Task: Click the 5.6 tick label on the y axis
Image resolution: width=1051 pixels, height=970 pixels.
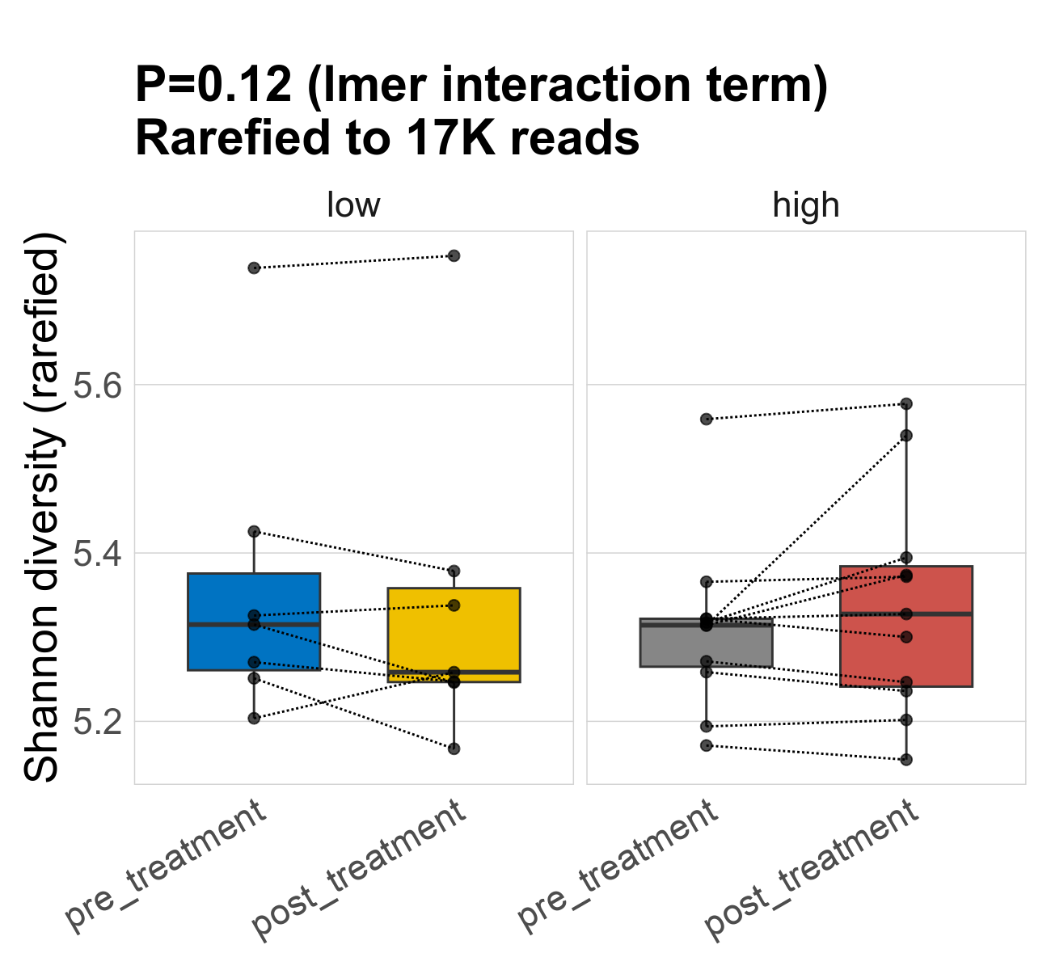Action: pos(98,386)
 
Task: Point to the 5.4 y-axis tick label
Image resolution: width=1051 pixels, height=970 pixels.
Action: pos(98,554)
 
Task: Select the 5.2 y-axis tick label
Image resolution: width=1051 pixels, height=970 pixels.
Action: pos(98,721)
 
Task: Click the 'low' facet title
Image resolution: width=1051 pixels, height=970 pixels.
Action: pos(353,205)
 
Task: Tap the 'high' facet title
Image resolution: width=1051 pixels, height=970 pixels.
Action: pos(806,205)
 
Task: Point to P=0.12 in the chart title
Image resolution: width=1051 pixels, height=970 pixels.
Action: pos(213,85)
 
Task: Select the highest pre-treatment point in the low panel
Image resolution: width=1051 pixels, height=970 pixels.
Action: pos(254,268)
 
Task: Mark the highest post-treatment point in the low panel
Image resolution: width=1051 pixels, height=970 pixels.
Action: pos(454,255)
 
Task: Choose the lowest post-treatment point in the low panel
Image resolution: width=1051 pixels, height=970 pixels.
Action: pos(454,749)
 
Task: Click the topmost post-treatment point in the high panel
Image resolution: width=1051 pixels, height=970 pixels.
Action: pos(906,403)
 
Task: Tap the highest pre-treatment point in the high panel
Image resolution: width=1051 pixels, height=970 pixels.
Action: pos(707,419)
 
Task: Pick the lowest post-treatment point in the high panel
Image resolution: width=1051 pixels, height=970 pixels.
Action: pos(906,759)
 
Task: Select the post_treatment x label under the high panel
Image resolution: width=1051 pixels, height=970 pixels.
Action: pos(813,870)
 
